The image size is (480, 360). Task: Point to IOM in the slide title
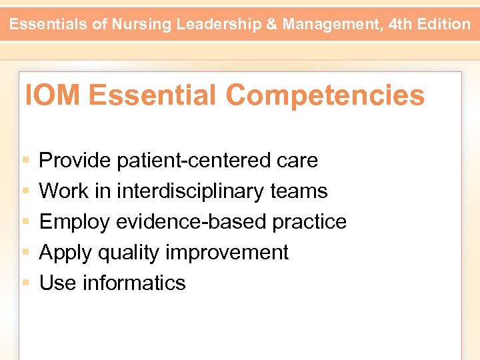point(53,95)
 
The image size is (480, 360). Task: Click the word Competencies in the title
point(325,95)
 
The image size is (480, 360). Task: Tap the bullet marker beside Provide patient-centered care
point(25,161)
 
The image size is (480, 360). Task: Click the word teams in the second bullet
point(299,191)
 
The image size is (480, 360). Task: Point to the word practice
point(309,222)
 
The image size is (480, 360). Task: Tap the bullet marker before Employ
point(25,222)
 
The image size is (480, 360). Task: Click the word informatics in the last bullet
point(134,283)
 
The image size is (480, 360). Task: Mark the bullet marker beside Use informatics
point(25,283)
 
